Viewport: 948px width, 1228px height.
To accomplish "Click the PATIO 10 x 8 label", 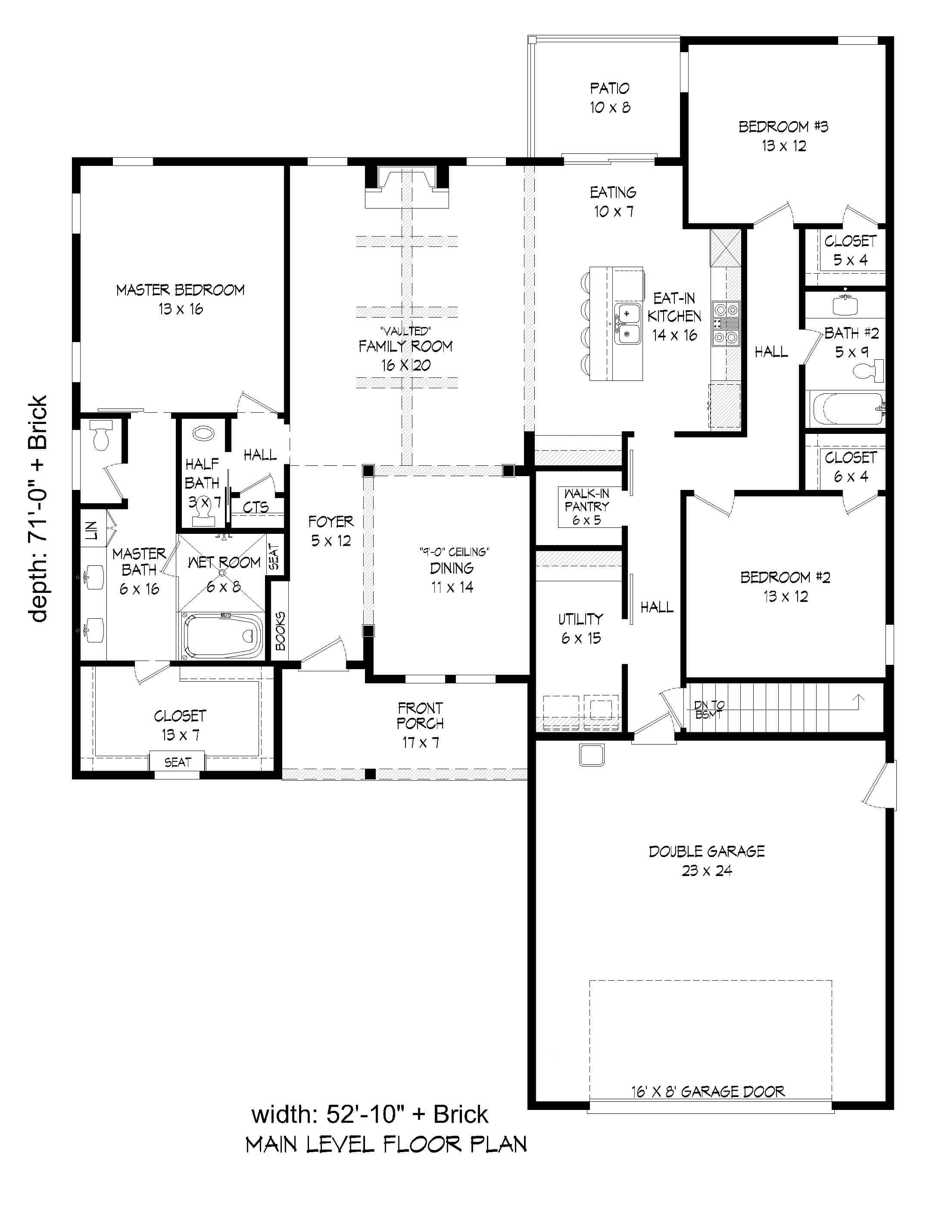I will pos(609,98).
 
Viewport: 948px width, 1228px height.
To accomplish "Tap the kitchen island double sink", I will pos(627,324).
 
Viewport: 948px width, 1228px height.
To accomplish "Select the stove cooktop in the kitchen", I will pos(726,323).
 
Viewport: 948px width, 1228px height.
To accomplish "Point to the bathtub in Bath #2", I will pos(845,409).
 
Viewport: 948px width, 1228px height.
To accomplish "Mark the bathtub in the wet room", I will pos(223,636).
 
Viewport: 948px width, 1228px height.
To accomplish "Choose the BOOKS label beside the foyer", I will pos(280,631).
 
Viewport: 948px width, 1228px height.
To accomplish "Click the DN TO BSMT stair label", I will pos(709,710).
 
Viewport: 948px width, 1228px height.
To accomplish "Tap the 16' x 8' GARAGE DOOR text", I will pos(708,1091).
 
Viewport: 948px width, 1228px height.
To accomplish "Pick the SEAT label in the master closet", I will pos(177,762).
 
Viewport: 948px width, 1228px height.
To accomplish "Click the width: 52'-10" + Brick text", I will pos(369,1114).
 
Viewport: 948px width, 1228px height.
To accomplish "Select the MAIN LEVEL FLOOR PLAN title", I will pos(386,1144).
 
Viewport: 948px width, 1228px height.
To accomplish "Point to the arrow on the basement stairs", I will pos(858,701).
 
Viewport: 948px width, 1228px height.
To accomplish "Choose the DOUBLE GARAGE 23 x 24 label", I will pos(707,860).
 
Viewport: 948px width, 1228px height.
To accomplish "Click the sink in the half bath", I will pos(203,433).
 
